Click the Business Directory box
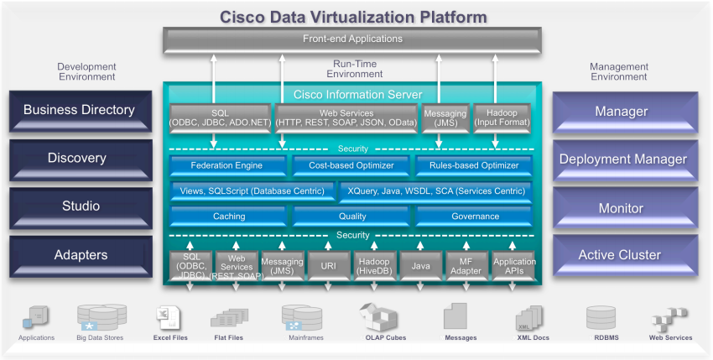coord(79,111)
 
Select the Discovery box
coord(79,159)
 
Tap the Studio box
coord(79,206)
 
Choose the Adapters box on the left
coord(79,254)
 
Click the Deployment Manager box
coord(622,159)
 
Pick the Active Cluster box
coord(622,255)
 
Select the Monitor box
coord(622,208)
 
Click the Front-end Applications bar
coord(351,39)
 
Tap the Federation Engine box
coord(226,166)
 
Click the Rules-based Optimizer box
coord(473,166)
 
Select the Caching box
coord(228,217)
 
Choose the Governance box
coord(475,217)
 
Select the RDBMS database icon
coord(602,318)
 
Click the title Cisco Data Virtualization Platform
coord(353,17)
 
